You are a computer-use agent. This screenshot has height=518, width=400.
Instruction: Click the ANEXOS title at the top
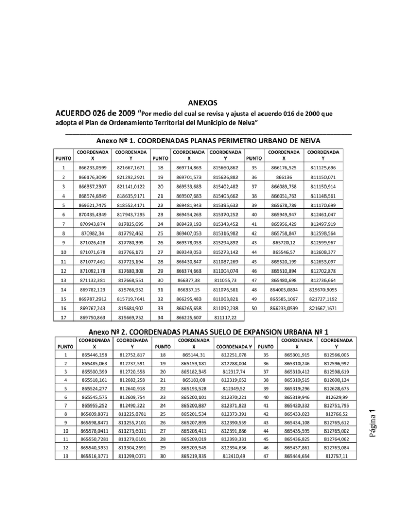click(199, 103)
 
